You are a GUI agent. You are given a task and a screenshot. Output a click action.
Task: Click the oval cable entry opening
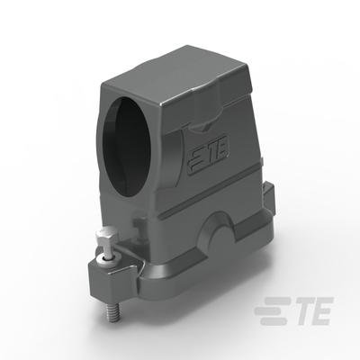[x=126, y=146]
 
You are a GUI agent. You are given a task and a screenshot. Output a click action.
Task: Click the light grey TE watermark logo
[x=293, y=310]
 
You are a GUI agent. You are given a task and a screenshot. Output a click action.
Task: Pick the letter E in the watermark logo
[x=320, y=310]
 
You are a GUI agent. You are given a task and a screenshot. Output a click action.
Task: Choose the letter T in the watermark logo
[x=298, y=310]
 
